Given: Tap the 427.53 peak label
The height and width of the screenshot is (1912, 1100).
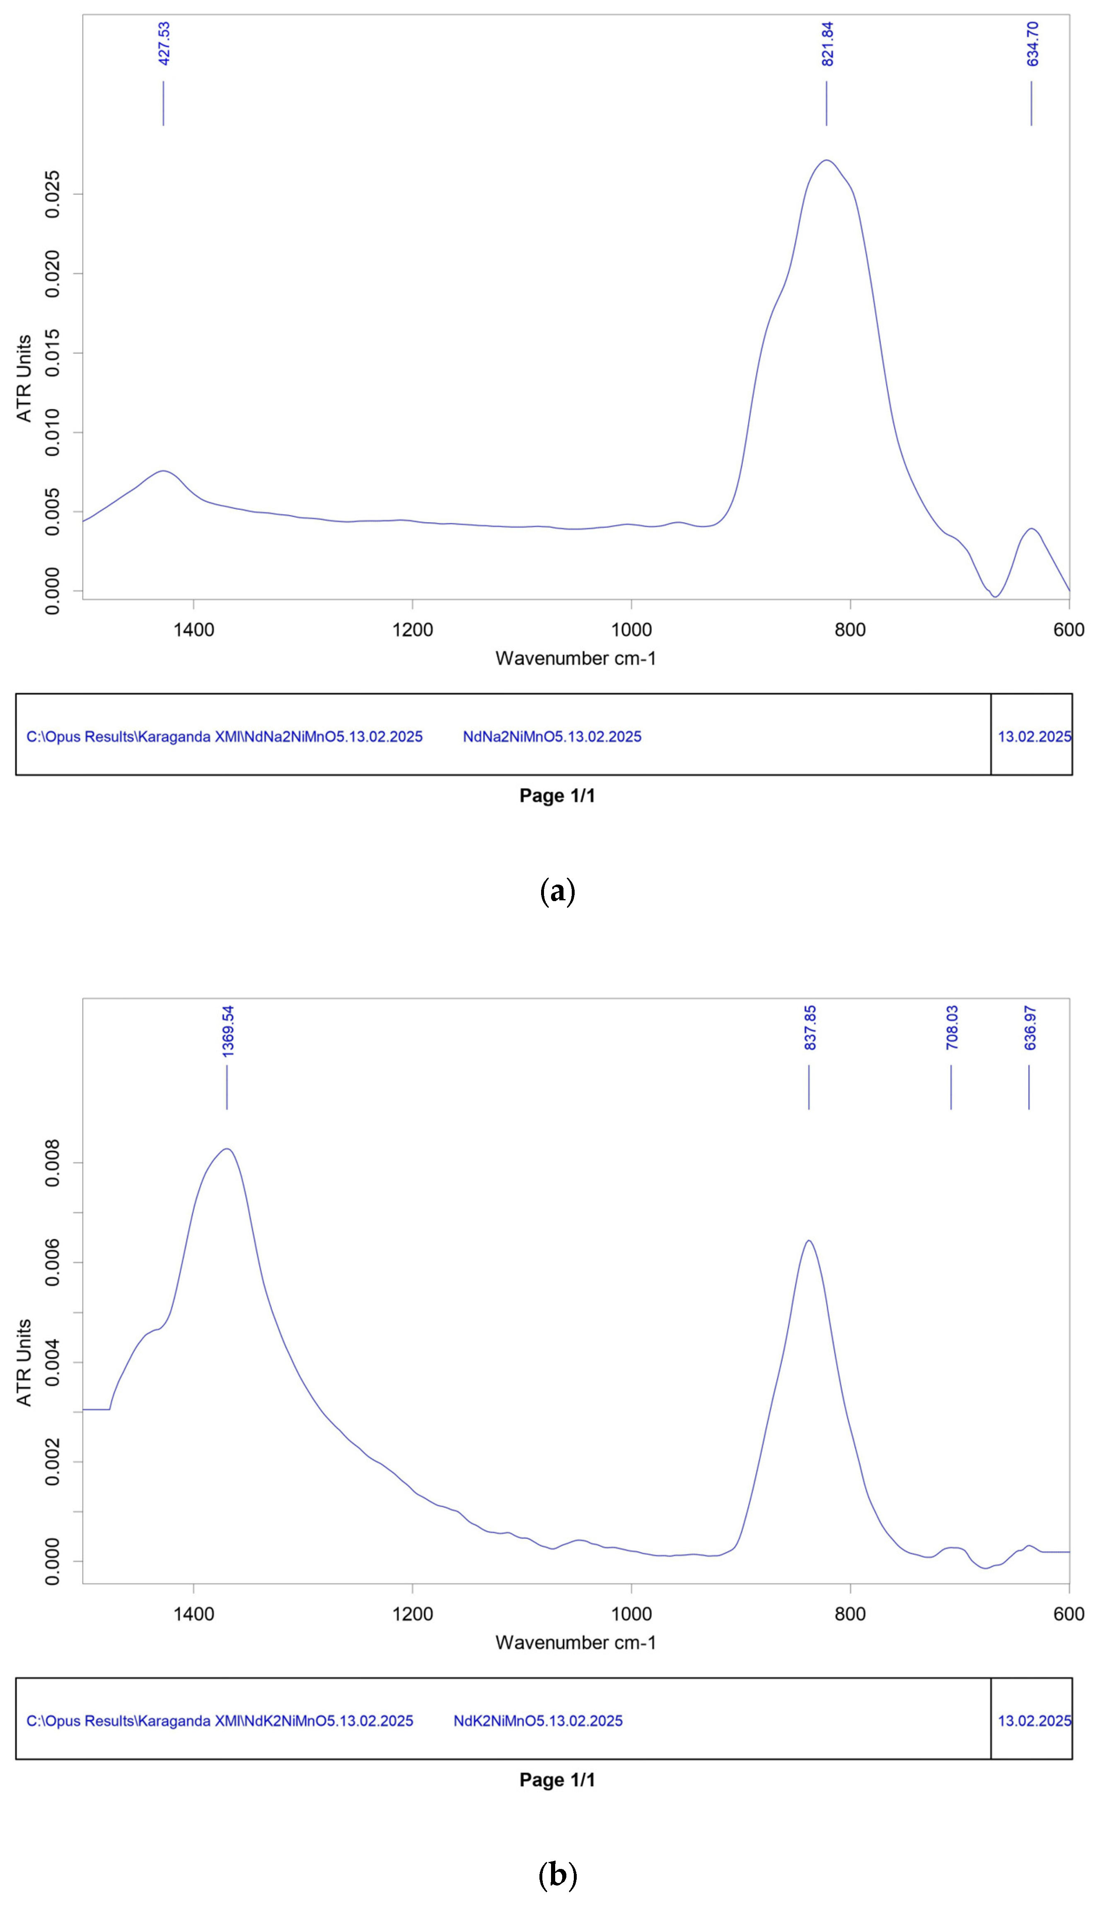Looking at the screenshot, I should click(164, 44).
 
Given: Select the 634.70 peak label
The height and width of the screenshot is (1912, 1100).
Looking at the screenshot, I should click(1032, 44).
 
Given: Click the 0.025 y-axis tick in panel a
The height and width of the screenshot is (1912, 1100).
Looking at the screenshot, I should click(53, 194).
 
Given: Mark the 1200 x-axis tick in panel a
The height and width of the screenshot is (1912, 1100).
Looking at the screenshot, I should click(413, 629).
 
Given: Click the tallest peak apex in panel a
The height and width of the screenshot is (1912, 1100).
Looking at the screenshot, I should click(827, 160).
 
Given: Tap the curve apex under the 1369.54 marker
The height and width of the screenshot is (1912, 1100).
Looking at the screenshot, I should click(226, 1149).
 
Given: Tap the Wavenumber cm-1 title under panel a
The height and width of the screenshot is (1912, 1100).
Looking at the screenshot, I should click(575, 658).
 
